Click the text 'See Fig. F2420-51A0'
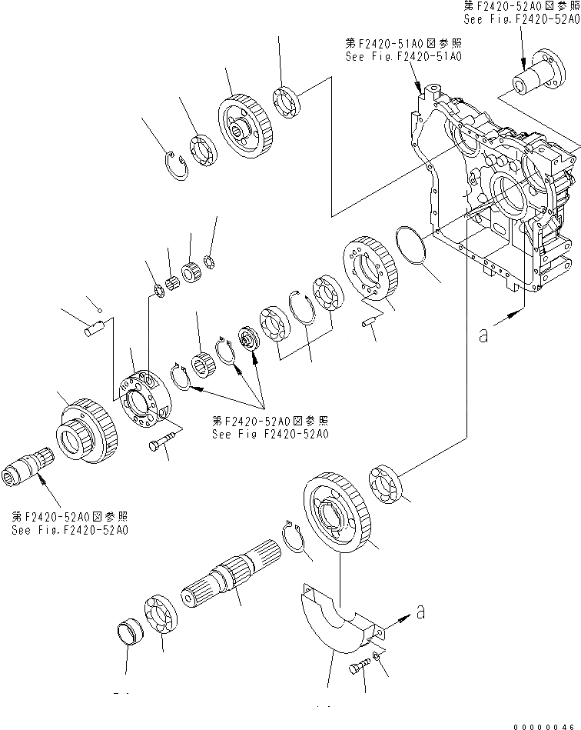click(x=404, y=56)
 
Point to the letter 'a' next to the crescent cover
click(x=419, y=612)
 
